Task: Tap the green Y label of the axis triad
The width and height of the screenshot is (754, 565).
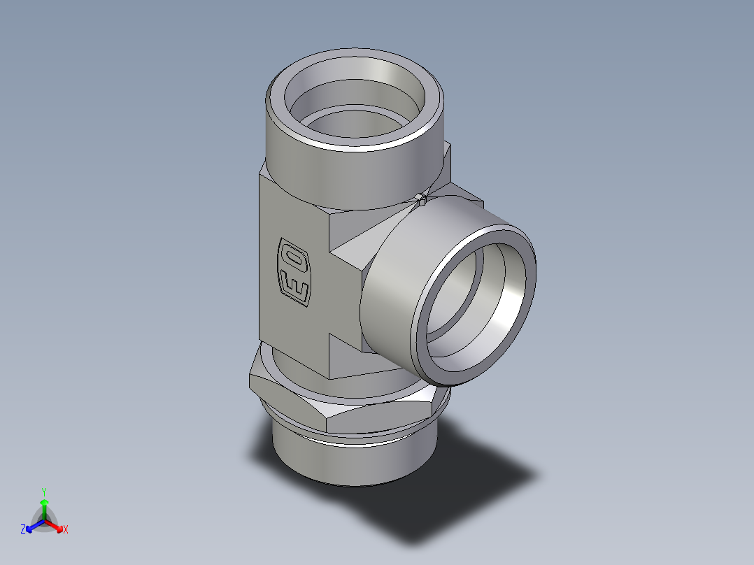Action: pyautogui.click(x=43, y=491)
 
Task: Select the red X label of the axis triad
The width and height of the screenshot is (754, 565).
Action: pyautogui.click(x=65, y=530)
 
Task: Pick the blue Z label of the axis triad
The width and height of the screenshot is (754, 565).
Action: pyautogui.click(x=23, y=530)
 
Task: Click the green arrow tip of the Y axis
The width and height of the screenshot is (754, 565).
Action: pyautogui.click(x=43, y=502)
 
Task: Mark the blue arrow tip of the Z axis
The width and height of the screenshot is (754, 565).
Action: pyautogui.click(x=30, y=526)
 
